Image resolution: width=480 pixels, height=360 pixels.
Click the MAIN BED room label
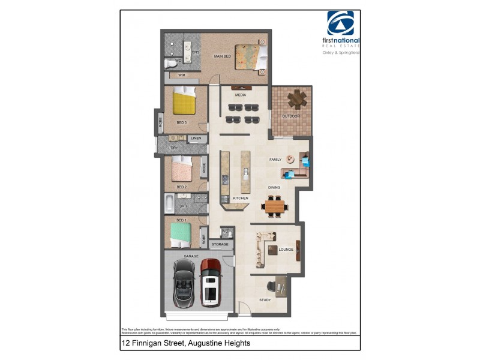coord(223,56)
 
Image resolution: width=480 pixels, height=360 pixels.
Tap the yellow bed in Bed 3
coord(184,102)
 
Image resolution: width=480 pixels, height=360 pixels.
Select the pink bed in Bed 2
coord(182,169)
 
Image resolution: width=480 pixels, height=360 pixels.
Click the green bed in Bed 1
coord(182,234)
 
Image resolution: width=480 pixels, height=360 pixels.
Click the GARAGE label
coord(191,256)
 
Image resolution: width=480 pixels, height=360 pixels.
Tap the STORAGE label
coord(220,245)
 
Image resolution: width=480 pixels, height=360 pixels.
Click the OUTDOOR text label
coord(291,116)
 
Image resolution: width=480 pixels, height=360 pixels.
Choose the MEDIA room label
coord(241,95)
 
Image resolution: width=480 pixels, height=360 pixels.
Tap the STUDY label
coord(265,300)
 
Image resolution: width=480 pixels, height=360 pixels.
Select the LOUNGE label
coord(286,249)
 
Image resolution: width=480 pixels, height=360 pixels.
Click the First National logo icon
coord(340,23)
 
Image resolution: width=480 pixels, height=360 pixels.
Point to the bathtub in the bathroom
coord(169,205)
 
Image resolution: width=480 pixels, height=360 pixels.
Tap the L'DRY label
coord(173,148)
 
